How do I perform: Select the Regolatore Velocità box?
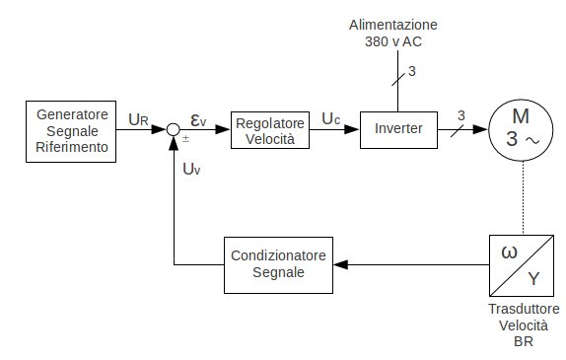click(269, 130)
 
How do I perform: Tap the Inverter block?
click(397, 129)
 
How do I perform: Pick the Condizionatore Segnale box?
click(277, 264)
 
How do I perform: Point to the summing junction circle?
click(173, 129)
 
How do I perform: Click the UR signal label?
click(138, 120)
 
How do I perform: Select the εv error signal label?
click(198, 120)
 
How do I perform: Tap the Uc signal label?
click(330, 119)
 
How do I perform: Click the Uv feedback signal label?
click(191, 169)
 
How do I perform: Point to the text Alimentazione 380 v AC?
click(397, 32)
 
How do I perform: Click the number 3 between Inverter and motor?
click(460, 116)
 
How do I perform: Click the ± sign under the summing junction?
click(185, 140)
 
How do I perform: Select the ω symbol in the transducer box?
click(510, 252)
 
